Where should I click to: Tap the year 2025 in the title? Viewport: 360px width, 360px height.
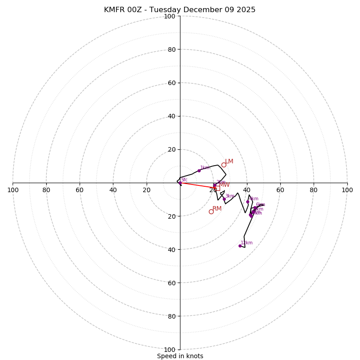(245, 10)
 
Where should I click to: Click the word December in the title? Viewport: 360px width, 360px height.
(205, 10)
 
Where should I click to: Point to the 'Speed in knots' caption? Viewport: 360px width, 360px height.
(180, 356)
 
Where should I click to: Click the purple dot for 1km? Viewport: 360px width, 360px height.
(199, 171)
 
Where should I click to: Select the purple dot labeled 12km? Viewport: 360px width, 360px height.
(240, 246)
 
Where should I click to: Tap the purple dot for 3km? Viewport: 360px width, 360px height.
(224, 199)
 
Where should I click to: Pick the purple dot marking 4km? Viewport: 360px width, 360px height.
(247, 202)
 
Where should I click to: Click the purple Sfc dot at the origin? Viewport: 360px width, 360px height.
(180, 183)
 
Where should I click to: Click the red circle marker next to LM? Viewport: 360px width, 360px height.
(224, 165)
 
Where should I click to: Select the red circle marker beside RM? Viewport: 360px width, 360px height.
(211, 211)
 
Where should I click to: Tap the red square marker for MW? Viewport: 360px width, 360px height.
(217, 188)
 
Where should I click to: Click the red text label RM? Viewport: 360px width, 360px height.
(217, 209)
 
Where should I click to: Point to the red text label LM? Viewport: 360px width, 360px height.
(229, 162)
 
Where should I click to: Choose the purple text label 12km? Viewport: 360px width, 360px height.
(247, 243)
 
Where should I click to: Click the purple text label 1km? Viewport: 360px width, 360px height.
(205, 168)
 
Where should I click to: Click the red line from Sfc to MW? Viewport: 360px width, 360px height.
(198, 185)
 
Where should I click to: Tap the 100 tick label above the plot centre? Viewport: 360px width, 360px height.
(170, 16)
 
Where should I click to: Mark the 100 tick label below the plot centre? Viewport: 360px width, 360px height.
(170, 350)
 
